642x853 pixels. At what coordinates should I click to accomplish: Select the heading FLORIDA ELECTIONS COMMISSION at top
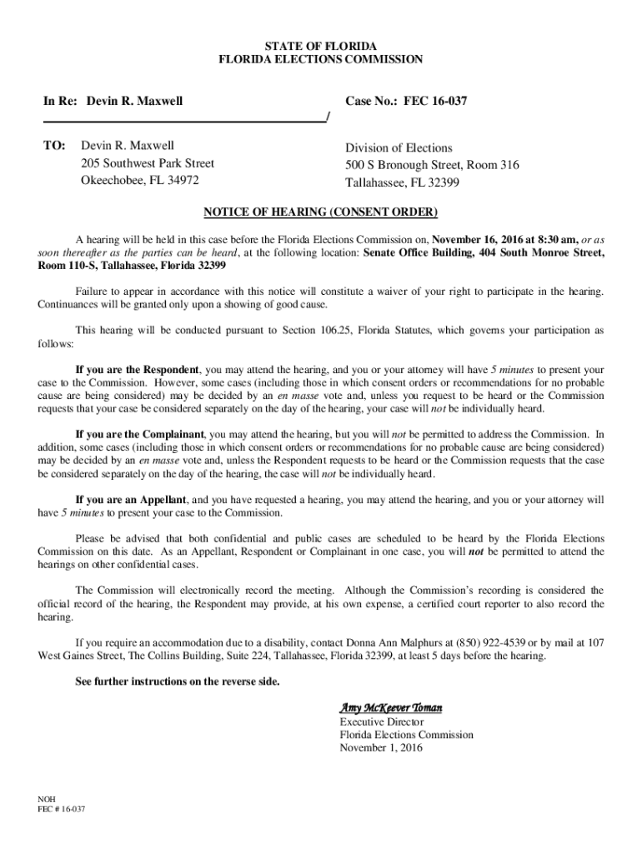[x=321, y=59]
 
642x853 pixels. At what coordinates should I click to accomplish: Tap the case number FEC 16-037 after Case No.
[x=435, y=102]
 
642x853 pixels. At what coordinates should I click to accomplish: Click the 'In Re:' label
[x=61, y=102]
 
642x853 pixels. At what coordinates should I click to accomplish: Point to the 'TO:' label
[x=54, y=147]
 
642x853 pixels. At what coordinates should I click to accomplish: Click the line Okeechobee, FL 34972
[x=139, y=181]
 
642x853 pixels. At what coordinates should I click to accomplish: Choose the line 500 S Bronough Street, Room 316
[x=432, y=165]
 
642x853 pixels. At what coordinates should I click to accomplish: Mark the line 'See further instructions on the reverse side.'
[x=178, y=681]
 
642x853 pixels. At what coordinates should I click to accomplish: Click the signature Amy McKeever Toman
[x=390, y=707]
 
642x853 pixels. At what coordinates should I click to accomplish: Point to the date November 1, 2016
[x=381, y=748]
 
